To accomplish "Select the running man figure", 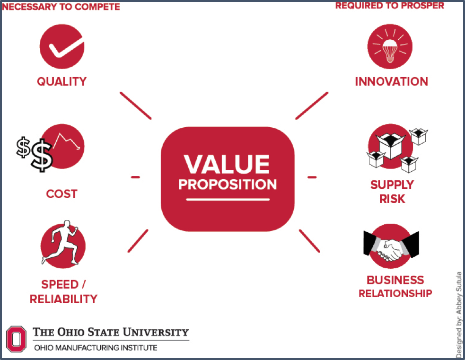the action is click(x=61, y=242).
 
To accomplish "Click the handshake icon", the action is click(x=391, y=246).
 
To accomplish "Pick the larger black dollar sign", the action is click(x=42, y=155).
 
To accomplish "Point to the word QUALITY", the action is click(x=61, y=81).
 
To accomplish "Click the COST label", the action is click(x=61, y=194).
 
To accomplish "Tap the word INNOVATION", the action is click(x=392, y=81).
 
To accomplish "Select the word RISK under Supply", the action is click(x=392, y=199).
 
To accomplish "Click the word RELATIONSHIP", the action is click(x=395, y=293).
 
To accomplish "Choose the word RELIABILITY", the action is click(x=63, y=299).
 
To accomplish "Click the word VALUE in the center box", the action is click(x=227, y=164).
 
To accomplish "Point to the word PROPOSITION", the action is click(x=228, y=184).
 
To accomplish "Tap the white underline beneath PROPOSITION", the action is click(x=228, y=200).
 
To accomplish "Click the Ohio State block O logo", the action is click(x=16, y=339).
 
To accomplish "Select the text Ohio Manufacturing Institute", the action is click(x=96, y=348).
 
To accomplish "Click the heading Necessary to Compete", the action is click(x=61, y=7).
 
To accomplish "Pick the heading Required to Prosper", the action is click(x=390, y=6).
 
